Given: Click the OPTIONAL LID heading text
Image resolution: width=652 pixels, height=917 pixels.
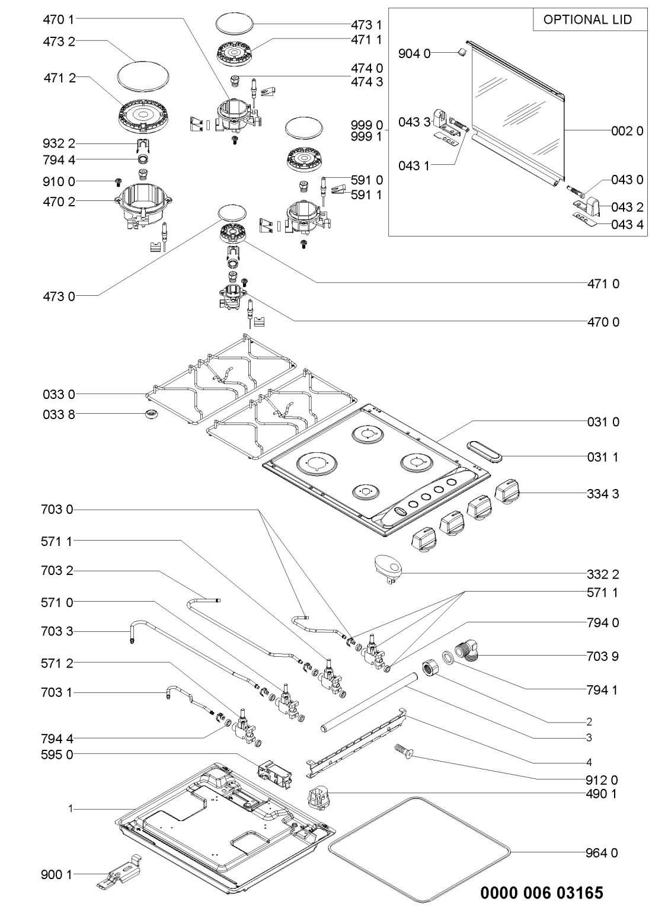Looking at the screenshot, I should point(587,20).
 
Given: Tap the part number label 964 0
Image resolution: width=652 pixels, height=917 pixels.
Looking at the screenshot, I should point(605,853).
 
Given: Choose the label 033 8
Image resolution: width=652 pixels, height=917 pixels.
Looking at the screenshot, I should point(59,413).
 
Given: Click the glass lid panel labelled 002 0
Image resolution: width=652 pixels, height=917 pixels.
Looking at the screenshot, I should point(516,113).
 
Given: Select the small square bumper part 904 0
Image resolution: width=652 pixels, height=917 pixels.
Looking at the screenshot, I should point(461,53).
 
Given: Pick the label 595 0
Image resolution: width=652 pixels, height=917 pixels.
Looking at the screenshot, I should point(59,756).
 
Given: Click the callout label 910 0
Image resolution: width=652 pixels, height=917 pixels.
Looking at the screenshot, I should point(59,181).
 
